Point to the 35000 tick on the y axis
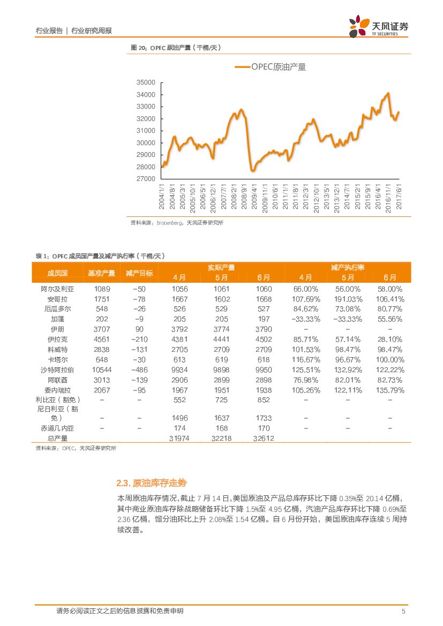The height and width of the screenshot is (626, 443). click(x=146, y=82)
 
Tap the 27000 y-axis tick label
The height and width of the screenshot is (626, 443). click(x=146, y=179)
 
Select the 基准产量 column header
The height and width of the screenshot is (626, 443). click(x=101, y=273)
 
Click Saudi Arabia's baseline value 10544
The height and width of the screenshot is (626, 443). click(x=101, y=369)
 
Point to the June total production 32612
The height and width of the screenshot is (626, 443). click(x=264, y=438)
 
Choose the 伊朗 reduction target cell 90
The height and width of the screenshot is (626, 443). click(x=139, y=329)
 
